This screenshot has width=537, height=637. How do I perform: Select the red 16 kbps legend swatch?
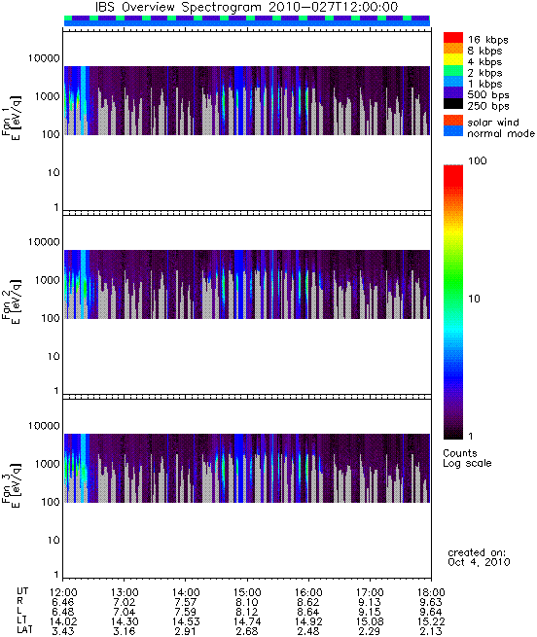453,37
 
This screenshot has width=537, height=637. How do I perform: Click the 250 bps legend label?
488,106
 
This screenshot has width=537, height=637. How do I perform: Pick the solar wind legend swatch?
453,121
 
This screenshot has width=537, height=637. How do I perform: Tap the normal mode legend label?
501,133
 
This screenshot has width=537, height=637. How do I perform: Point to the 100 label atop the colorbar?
478,160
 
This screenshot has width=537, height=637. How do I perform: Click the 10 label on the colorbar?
475,299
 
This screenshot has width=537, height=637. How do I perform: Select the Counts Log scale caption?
467,458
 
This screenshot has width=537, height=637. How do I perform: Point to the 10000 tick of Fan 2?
44,242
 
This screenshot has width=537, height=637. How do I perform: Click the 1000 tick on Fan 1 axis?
47,96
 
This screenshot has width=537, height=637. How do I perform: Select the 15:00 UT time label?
247,592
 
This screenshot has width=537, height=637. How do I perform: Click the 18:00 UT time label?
431,592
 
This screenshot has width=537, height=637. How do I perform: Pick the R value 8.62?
308,602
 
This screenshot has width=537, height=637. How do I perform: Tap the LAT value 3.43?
62,631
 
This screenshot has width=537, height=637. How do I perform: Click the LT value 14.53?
186,621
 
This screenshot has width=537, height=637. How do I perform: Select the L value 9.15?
370,612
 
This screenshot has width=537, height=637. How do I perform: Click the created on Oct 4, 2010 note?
479,557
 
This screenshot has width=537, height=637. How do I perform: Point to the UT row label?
22,591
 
